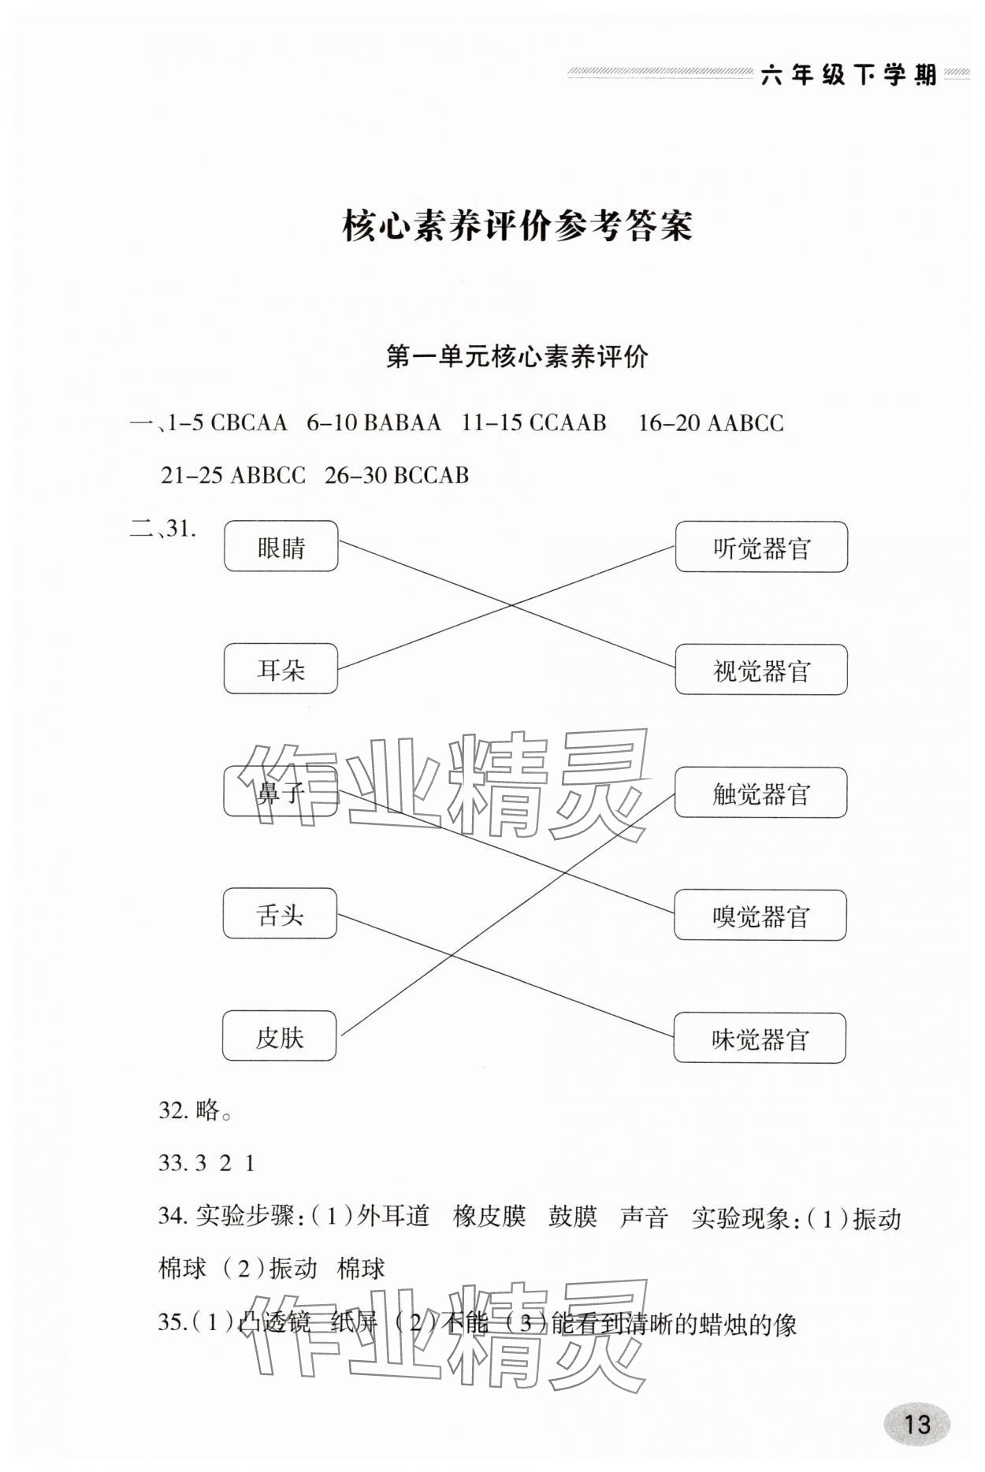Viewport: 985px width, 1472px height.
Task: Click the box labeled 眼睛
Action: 281,546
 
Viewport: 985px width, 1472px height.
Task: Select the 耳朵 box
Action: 281,669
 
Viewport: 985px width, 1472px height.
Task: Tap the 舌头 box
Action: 280,914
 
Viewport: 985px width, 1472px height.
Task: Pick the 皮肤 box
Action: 279,1037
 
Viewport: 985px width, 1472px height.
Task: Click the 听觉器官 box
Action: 761,547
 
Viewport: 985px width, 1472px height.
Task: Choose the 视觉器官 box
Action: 761,670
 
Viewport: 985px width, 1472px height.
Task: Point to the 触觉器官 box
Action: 760,793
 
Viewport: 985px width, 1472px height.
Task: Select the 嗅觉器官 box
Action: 760,916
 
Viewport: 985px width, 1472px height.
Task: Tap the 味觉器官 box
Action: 760,1039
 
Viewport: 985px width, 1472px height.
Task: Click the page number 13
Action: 917,1424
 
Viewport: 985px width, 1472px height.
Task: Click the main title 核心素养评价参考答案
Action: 517,226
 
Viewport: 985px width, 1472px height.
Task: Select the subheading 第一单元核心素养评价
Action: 517,357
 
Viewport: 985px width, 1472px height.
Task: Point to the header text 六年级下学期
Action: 849,75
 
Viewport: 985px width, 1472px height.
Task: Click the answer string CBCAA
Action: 249,423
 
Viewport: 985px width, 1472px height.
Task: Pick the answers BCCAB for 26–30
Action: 430,475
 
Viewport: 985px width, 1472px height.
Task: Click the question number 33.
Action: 171,1163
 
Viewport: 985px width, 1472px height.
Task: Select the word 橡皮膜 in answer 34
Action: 489,1217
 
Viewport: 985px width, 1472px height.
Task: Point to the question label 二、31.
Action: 163,529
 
